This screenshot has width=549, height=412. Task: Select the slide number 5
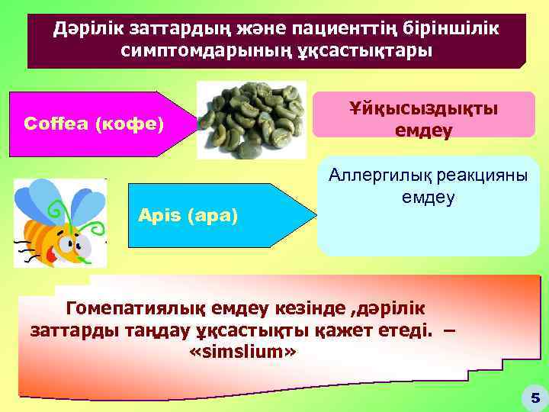pyautogui.click(x=535, y=397)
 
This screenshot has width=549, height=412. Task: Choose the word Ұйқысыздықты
pyautogui.click(x=423, y=109)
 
